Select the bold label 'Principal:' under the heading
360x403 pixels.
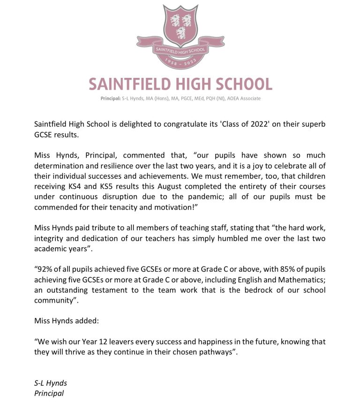[x=110, y=99]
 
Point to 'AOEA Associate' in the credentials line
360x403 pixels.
[x=243, y=99]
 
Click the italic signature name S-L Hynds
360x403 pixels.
[x=51, y=383]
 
